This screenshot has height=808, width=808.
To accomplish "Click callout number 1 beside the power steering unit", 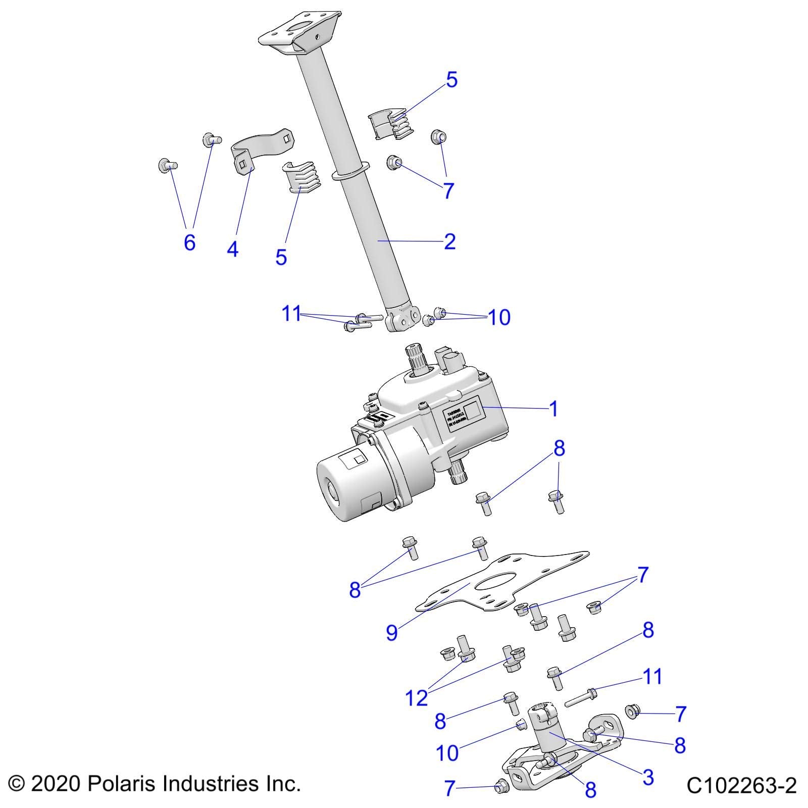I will (x=554, y=409).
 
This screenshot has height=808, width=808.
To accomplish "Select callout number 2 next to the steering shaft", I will (x=449, y=241).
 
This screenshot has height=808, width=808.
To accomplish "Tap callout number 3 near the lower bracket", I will (x=648, y=777).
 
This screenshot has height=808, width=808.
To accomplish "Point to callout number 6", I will (x=189, y=242).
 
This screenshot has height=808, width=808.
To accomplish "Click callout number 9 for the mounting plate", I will (x=392, y=633).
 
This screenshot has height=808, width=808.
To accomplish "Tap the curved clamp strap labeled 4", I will (x=263, y=144).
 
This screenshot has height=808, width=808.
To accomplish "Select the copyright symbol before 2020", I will (x=17, y=784).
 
